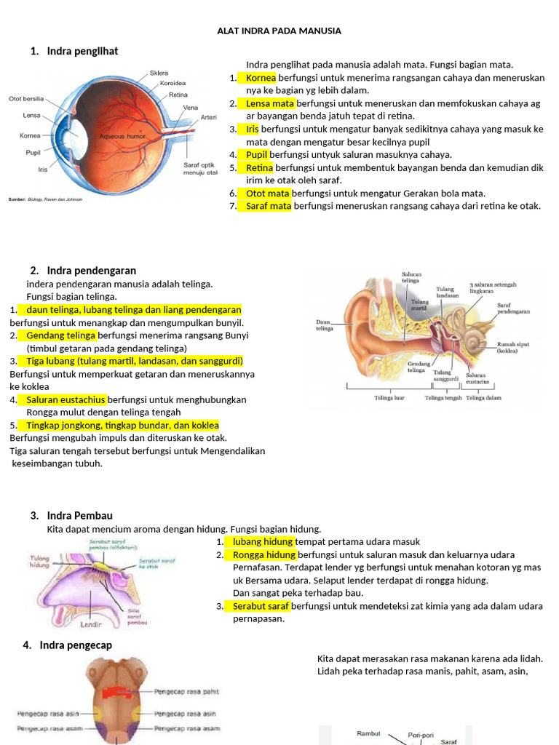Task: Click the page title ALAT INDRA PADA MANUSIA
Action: [279, 31]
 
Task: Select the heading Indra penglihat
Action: [82, 51]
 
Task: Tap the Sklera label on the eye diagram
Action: [159, 73]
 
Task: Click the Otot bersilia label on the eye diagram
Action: [26, 99]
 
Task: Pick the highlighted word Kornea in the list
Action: [261, 77]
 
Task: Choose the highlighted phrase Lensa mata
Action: [266, 103]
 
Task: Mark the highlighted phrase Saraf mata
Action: [268, 206]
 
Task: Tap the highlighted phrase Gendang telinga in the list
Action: [61, 335]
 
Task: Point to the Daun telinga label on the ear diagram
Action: [325, 324]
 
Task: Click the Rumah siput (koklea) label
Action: [512, 347]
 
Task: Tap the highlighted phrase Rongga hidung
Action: [264, 554]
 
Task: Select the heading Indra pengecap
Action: [76, 645]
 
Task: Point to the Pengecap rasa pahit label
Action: [186, 691]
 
